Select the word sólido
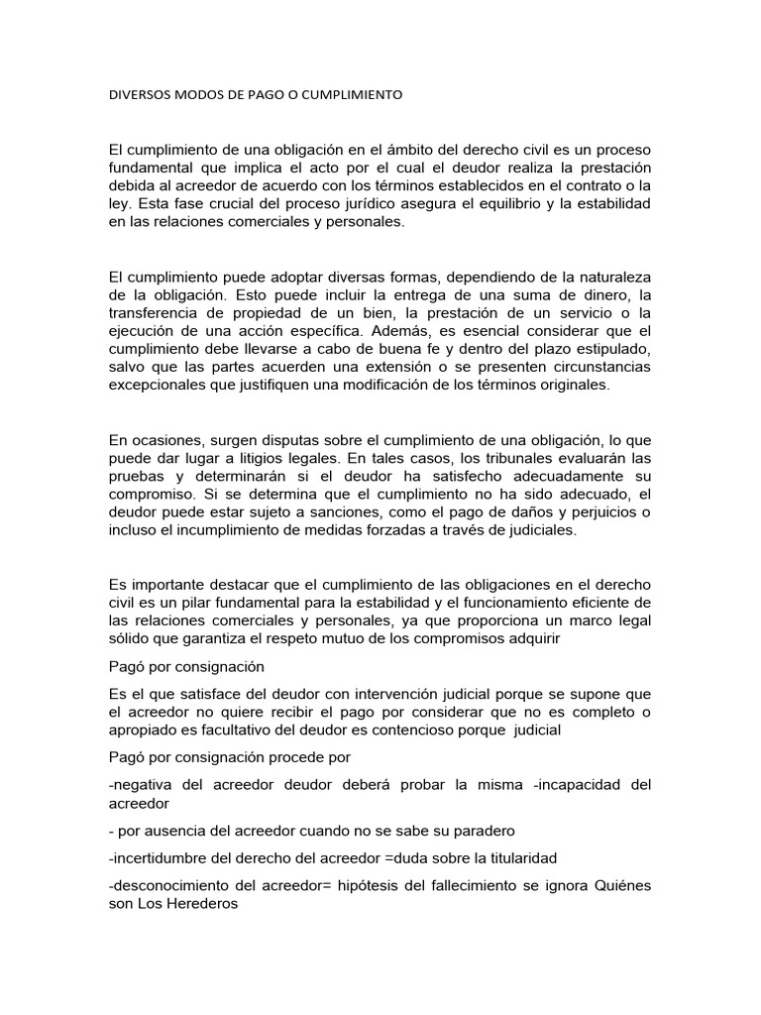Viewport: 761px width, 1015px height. pyautogui.click(x=129, y=638)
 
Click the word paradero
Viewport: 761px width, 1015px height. pyautogui.click(x=478, y=830)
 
